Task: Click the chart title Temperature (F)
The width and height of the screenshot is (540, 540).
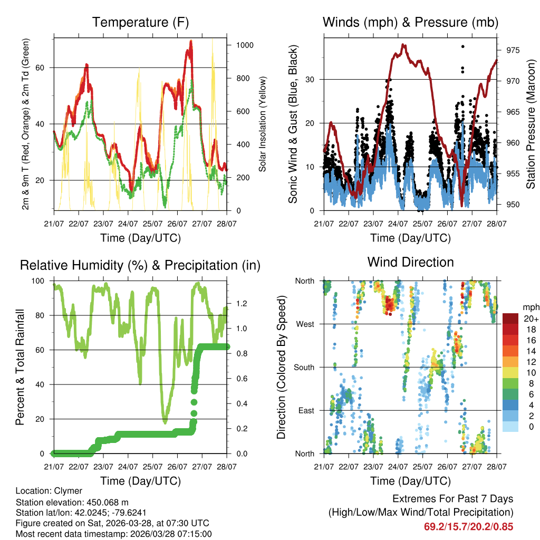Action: [140, 23]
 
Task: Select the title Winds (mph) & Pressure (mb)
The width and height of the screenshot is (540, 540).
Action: [410, 23]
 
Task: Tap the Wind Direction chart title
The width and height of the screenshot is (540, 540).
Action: [410, 262]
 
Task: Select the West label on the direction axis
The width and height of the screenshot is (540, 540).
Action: [305, 324]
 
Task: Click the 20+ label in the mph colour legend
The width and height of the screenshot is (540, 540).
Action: [531, 319]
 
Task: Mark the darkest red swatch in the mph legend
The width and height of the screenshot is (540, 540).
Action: [510, 318]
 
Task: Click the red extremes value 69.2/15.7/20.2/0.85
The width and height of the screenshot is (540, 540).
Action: [468, 526]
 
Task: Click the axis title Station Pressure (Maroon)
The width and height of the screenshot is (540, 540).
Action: [531, 124]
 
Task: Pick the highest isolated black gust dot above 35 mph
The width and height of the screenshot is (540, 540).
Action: [462, 46]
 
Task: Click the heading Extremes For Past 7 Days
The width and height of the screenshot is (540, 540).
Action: [452, 499]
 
